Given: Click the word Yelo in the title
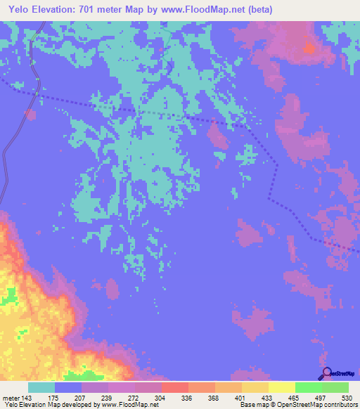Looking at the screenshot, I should coord(21,10).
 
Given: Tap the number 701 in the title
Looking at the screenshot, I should coord(96,10).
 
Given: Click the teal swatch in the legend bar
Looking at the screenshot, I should coord(41,388).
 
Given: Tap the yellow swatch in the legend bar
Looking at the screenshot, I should coord(282,388).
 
